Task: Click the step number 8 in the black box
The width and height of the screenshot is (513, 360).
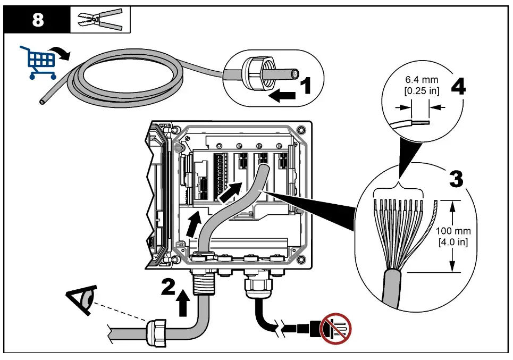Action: point(38,21)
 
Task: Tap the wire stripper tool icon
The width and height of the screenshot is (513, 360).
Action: point(100,21)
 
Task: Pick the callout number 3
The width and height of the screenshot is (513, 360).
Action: point(455,179)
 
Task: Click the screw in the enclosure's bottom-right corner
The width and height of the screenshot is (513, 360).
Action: point(302,260)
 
